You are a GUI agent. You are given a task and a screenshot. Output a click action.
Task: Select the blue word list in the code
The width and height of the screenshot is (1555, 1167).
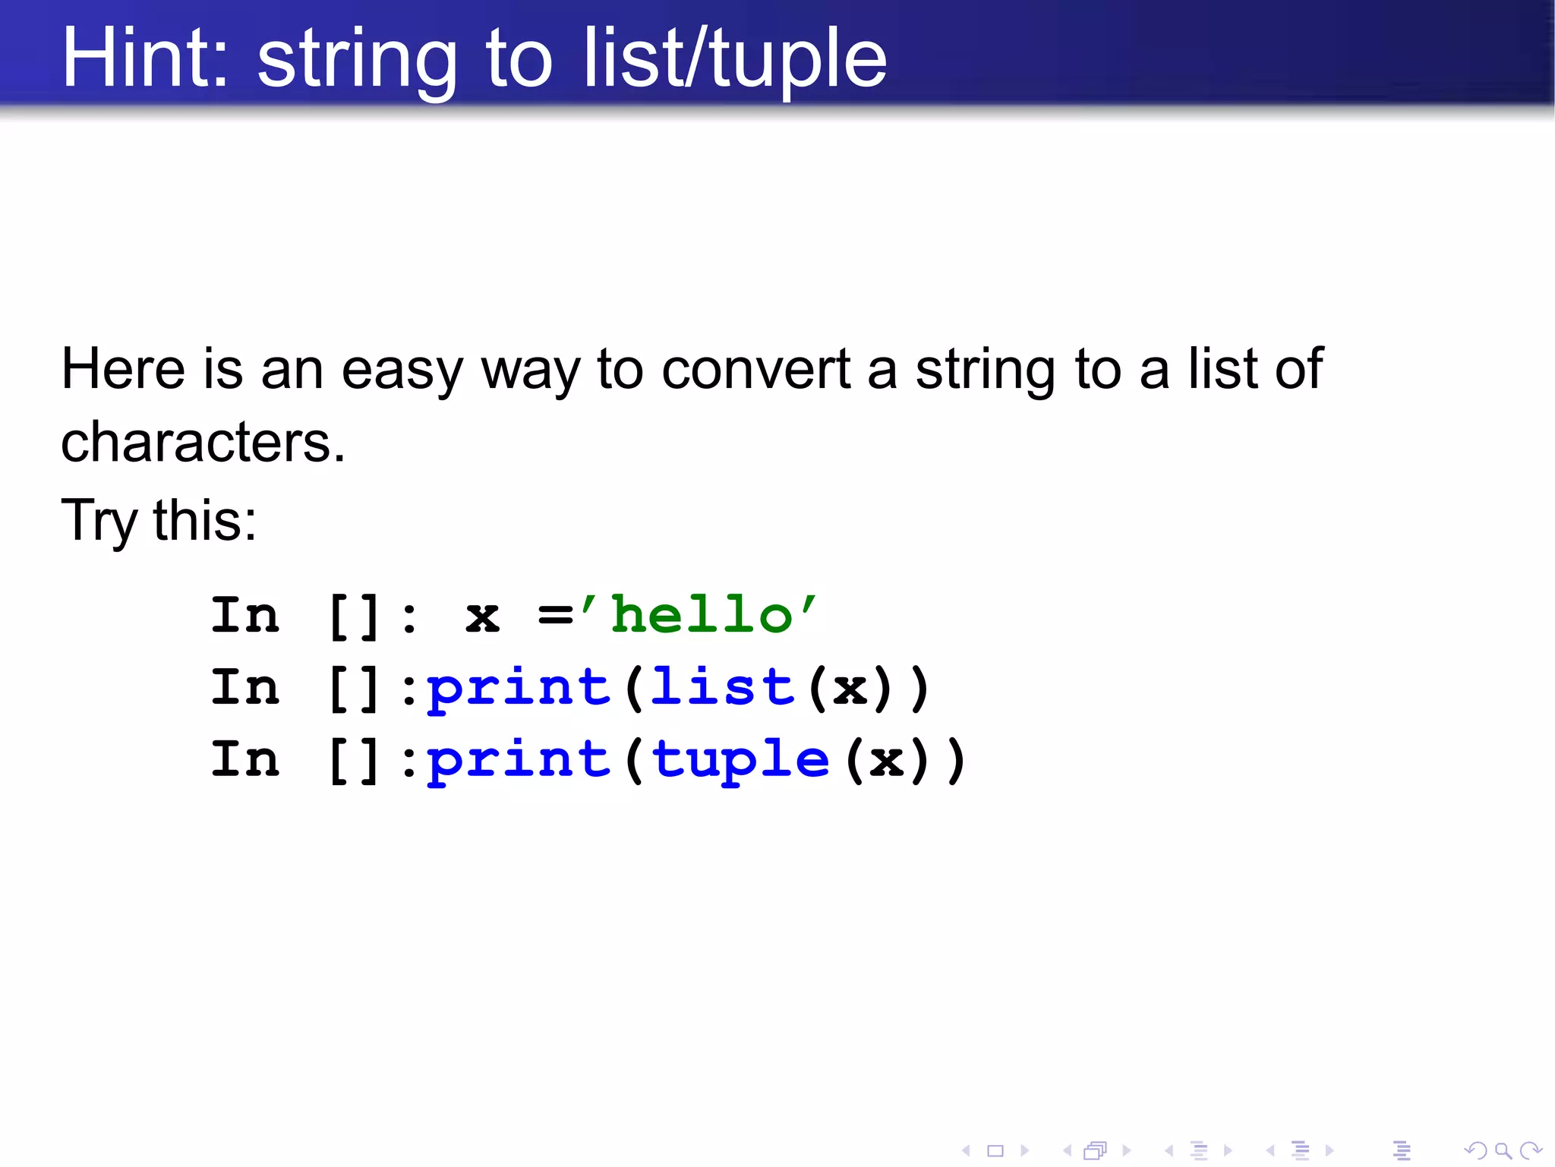(722, 687)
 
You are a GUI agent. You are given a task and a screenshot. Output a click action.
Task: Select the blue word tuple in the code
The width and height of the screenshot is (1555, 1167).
(740, 760)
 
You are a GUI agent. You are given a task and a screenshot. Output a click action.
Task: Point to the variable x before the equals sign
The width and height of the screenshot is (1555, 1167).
(482, 617)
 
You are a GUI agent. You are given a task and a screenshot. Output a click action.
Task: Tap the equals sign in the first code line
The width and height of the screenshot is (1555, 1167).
(555, 616)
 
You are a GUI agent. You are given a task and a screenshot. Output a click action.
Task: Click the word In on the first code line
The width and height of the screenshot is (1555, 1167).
(245, 615)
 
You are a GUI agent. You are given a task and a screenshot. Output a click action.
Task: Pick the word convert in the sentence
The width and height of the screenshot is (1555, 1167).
(756, 369)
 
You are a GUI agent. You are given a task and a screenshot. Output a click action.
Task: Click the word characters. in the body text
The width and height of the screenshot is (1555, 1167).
(203, 442)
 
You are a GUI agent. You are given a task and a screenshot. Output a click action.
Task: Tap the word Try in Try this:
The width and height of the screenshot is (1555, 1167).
(99, 521)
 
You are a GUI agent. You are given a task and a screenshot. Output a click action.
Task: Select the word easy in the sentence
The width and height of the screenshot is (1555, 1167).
(402, 371)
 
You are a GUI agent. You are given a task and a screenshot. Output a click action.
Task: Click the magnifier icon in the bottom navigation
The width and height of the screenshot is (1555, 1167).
(1503, 1150)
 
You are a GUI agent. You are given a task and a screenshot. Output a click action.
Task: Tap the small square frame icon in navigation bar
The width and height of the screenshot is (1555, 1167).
(995, 1151)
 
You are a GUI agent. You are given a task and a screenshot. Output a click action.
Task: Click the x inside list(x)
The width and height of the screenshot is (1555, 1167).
(850, 689)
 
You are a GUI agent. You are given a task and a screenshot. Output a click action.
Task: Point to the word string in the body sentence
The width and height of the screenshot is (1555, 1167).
(985, 371)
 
